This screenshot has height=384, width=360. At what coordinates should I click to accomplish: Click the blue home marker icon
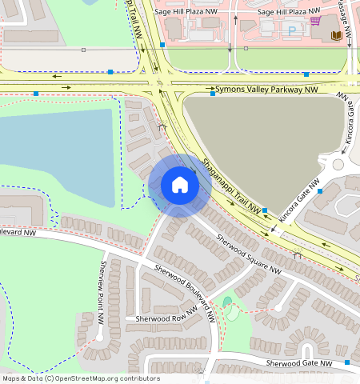point(180,185)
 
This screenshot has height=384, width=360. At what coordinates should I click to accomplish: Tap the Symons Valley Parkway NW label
point(265,89)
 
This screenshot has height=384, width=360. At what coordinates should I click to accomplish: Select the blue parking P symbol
point(291,30)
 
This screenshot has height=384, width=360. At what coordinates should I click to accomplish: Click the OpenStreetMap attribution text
point(80,378)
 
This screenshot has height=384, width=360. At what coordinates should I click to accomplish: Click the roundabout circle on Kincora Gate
point(338,164)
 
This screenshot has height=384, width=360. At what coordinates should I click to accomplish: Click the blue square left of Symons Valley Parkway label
point(212,94)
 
